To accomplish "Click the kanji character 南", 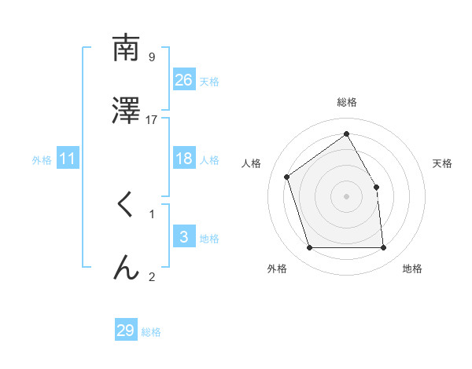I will click(x=126, y=49).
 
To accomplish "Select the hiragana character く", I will click(x=125, y=205).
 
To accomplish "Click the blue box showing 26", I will click(x=184, y=80).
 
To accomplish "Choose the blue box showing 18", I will click(x=184, y=159).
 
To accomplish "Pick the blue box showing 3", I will click(x=184, y=237).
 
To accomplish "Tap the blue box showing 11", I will click(x=68, y=159).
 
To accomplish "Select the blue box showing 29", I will click(x=126, y=331).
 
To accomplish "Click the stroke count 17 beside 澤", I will click(x=152, y=119).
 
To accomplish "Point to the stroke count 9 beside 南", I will click(x=152, y=57).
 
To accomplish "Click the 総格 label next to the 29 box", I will click(x=152, y=332).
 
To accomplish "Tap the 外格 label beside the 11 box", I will click(x=42, y=160).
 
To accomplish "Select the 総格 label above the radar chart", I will click(x=347, y=102).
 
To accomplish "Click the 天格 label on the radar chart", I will click(x=443, y=163).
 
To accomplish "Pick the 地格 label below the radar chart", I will click(x=412, y=269).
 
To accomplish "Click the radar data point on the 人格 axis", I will click(x=287, y=177).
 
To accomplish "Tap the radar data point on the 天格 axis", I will click(x=376, y=187).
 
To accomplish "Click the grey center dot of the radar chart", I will click(x=347, y=196).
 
